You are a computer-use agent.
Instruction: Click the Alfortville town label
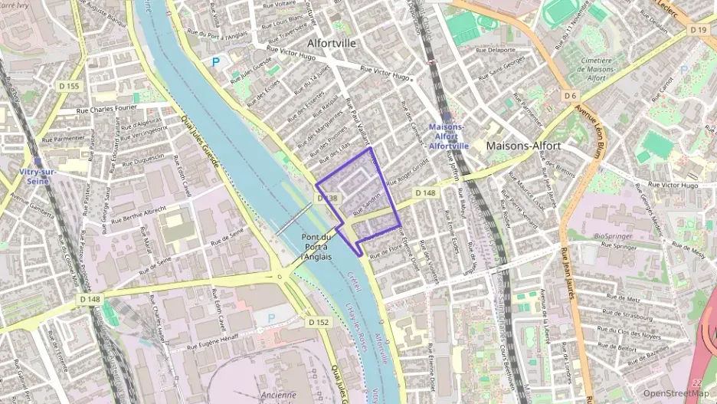point(331,44)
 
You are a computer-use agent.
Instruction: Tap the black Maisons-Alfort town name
point(524,146)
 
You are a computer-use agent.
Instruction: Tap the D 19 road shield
point(697,30)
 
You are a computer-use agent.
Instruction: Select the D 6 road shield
point(569,96)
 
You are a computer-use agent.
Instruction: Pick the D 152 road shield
point(319,323)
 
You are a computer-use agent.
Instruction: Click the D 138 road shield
point(327,199)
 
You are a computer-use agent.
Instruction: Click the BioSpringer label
point(595,237)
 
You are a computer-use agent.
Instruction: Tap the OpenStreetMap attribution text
point(676,393)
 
